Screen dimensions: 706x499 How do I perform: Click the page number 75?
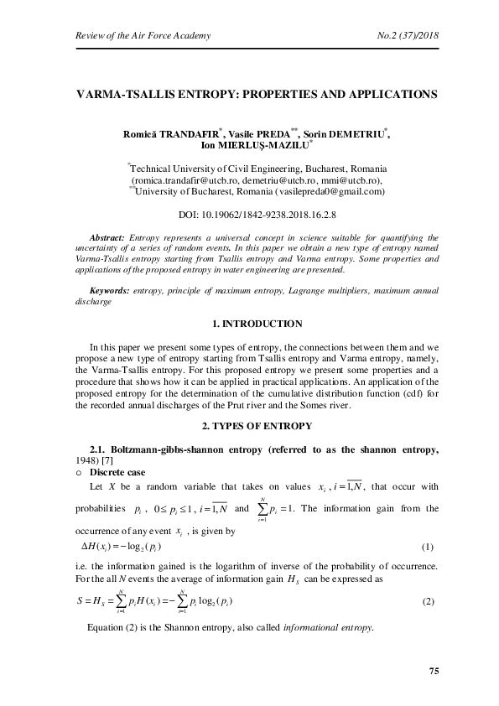tap(434, 671)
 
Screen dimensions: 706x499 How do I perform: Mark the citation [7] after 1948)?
tap(117, 461)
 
